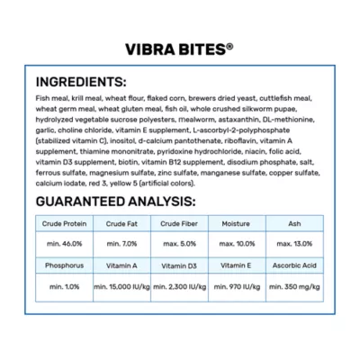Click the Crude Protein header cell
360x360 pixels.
(63, 222)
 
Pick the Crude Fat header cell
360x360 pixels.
(121, 222)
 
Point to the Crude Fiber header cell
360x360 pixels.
(180, 222)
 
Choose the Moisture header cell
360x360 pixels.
(238, 222)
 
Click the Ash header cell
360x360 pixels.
(297, 222)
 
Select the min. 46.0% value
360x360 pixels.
(63, 243)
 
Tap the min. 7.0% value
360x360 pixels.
(121, 243)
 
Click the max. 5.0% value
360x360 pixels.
(180, 243)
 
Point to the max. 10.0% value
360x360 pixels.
(238, 243)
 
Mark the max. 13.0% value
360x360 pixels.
(297, 243)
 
